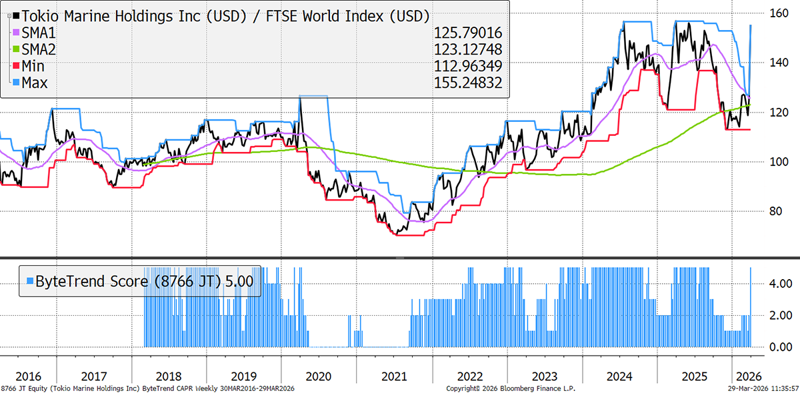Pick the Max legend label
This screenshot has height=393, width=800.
34,83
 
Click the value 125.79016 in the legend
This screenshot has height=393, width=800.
467,33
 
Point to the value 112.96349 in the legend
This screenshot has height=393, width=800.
467,66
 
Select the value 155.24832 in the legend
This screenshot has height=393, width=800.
467,83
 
